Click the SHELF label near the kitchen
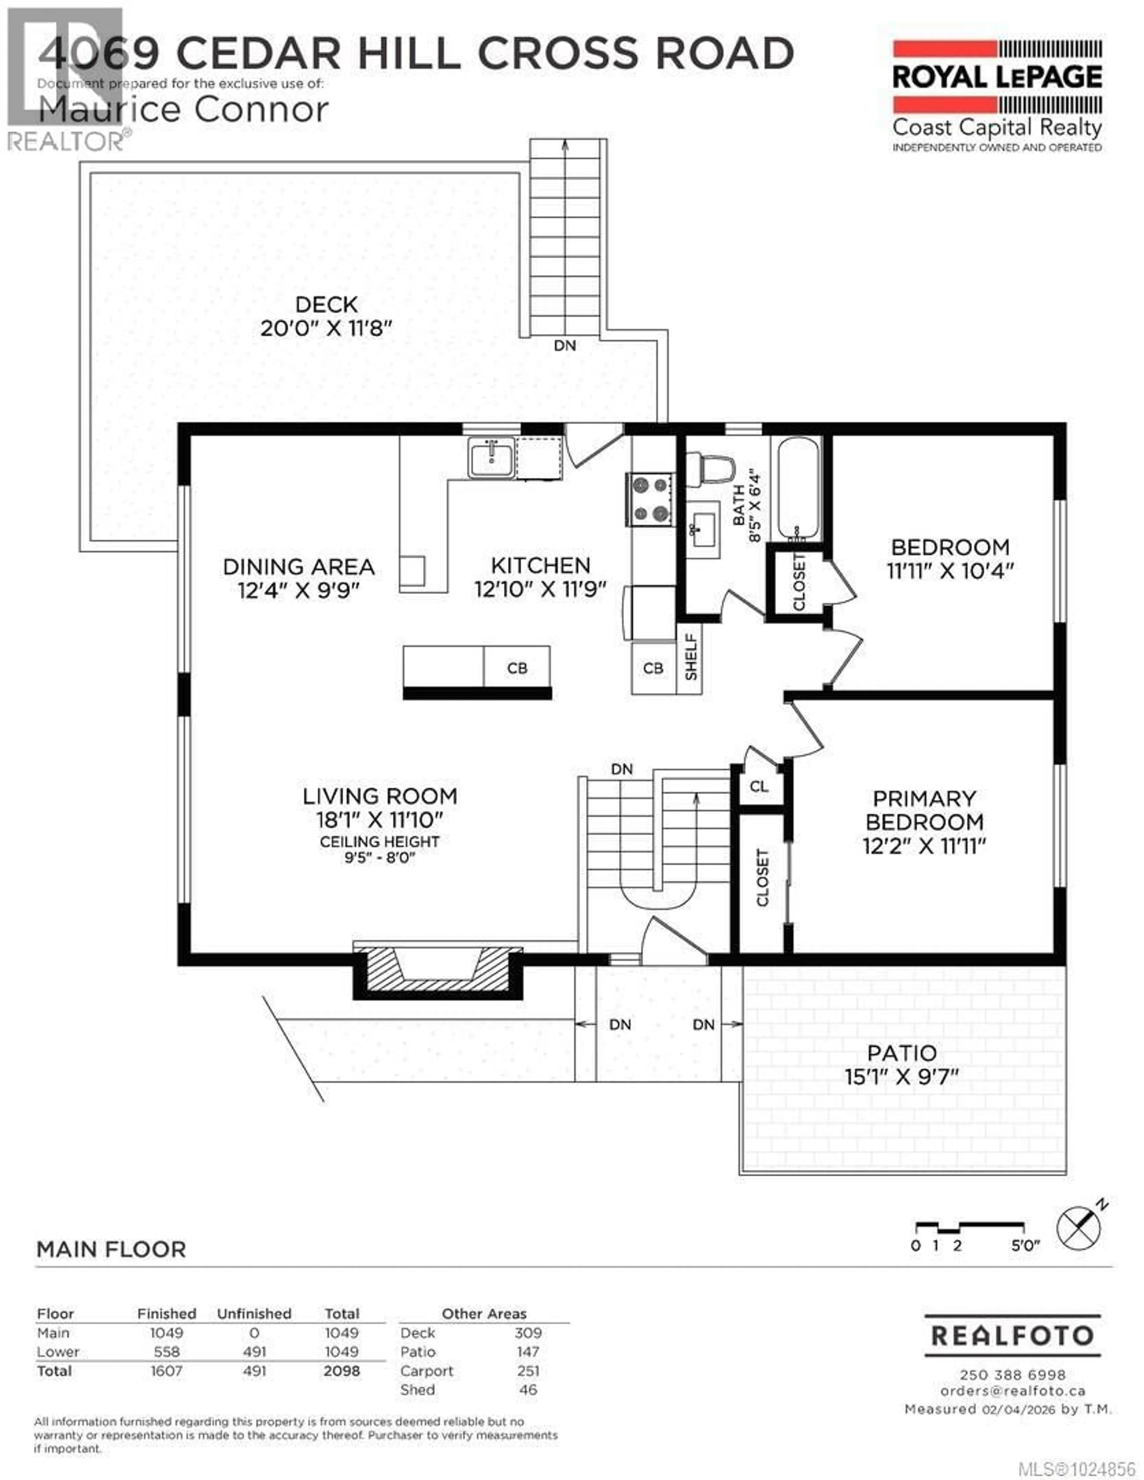click(x=691, y=657)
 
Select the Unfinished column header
click(x=254, y=1313)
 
